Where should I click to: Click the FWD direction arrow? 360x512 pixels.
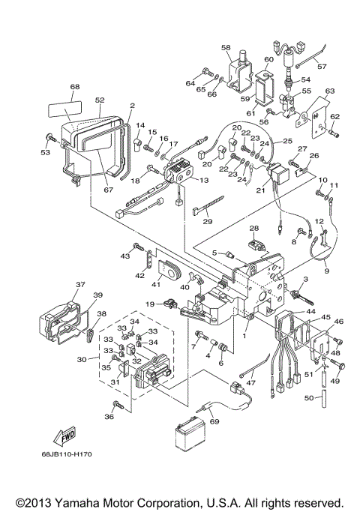[46, 436]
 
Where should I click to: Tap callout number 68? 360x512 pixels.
[74, 87]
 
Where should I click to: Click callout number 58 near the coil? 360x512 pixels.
[226, 47]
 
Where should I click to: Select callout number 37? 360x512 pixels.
[79, 285]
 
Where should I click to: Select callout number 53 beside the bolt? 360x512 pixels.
[44, 152]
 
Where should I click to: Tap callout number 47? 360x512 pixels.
[250, 382]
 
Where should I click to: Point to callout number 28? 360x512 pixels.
[253, 228]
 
